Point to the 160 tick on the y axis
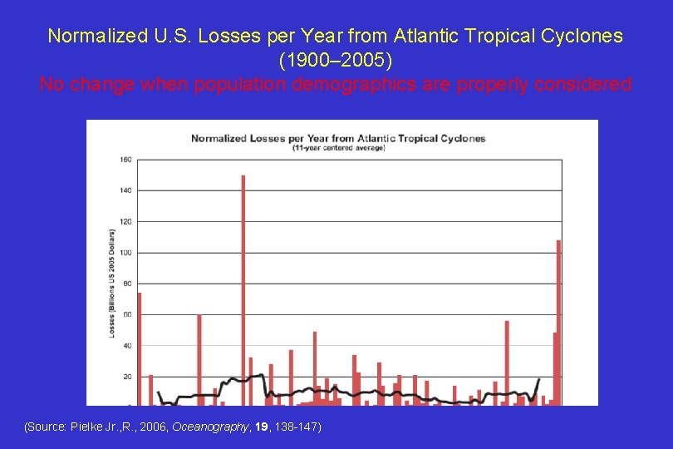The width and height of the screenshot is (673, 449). click(x=125, y=159)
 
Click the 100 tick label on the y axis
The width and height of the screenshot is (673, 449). click(x=125, y=252)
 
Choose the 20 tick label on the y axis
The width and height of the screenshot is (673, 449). click(x=126, y=376)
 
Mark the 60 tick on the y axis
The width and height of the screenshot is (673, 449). click(x=126, y=314)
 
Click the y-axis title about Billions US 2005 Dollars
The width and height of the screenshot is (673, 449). click(x=112, y=282)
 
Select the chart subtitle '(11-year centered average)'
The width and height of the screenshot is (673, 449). click(x=338, y=148)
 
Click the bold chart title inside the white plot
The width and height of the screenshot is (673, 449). click(x=338, y=138)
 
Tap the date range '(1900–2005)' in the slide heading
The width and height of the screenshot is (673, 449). click(x=336, y=61)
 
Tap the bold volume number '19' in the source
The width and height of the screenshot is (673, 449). click(x=261, y=427)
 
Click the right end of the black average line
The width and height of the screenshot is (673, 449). click(x=539, y=379)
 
